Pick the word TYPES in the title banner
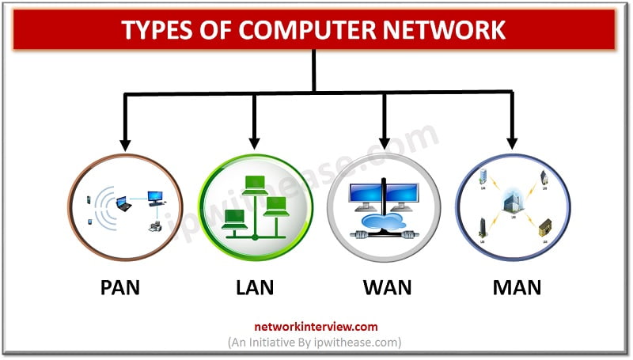pyautogui.click(x=157, y=30)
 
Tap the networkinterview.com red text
pyautogui.click(x=316, y=326)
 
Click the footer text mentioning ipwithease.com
pyautogui.click(x=316, y=342)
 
